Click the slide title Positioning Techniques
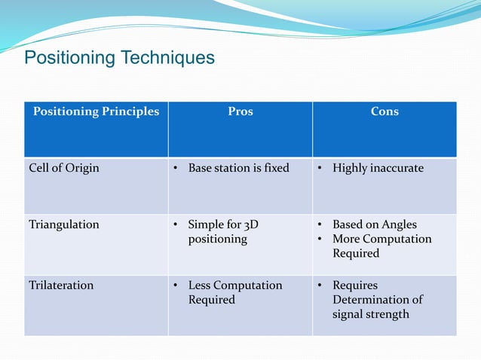pos(120,58)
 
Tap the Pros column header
pos(240,111)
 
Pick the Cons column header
pos(384,111)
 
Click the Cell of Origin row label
pos(64,168)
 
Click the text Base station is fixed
pos(238,168)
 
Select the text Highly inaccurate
pos(378,168)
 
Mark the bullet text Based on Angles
pos(374,224)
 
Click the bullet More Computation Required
pos(381,246)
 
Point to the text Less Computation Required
pos(234,292)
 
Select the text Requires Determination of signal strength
pos(377,300)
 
